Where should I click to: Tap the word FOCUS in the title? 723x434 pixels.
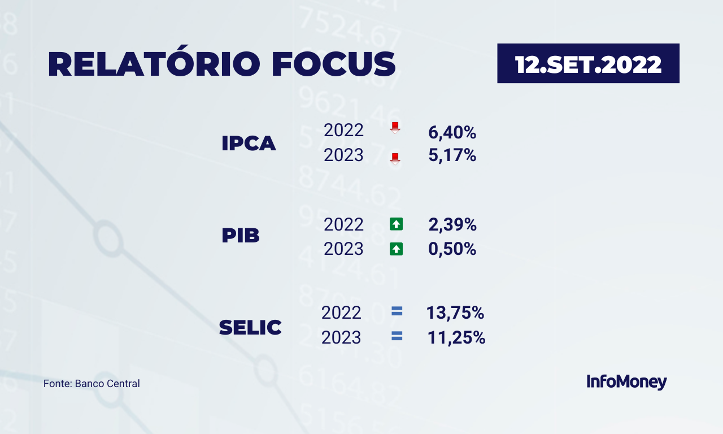point(334,64)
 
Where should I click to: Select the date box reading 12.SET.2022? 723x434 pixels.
point(588,63)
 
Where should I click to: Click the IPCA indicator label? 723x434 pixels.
point(249,143)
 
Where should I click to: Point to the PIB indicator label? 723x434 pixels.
point(241,235)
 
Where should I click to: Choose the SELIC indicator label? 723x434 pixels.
point(250,327)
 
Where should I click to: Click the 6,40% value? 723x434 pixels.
point(452,132)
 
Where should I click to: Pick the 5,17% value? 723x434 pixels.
point(452,155)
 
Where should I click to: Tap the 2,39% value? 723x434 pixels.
point(452,224)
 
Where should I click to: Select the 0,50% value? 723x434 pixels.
point(452,249)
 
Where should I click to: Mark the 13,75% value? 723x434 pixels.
point(455,313)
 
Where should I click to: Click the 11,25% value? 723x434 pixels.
point(456,337)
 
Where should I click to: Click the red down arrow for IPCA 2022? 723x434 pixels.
point(395,128)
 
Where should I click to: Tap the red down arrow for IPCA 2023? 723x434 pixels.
point(395,159)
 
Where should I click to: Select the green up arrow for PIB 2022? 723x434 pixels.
point(396,224)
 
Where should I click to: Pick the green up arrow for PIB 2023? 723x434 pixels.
point(396,249)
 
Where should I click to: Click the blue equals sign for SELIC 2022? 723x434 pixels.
point(397,311)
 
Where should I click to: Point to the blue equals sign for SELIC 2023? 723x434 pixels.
point(397,336)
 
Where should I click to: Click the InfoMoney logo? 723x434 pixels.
point(626,382)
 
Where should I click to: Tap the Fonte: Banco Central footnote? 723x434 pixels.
point(92,384)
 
